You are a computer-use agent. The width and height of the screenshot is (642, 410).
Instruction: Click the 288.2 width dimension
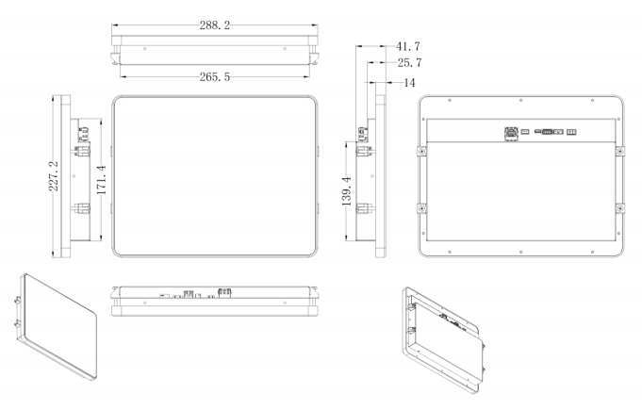point(213,27)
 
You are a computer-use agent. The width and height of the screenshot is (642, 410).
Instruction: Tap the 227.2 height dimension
point(54,175)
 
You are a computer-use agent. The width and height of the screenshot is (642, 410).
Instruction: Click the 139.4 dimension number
point(346,191)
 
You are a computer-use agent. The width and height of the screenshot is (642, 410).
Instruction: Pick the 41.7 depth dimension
point(408,44)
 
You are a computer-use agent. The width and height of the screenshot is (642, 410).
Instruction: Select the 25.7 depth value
point(408,63)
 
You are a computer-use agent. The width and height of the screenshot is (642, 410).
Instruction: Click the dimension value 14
point(409,83)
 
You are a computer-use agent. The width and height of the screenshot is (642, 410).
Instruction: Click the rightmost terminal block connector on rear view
point(571,132)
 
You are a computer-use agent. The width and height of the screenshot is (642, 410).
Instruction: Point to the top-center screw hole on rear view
point(521,101)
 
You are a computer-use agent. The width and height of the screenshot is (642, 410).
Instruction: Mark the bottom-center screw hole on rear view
point(521,252)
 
